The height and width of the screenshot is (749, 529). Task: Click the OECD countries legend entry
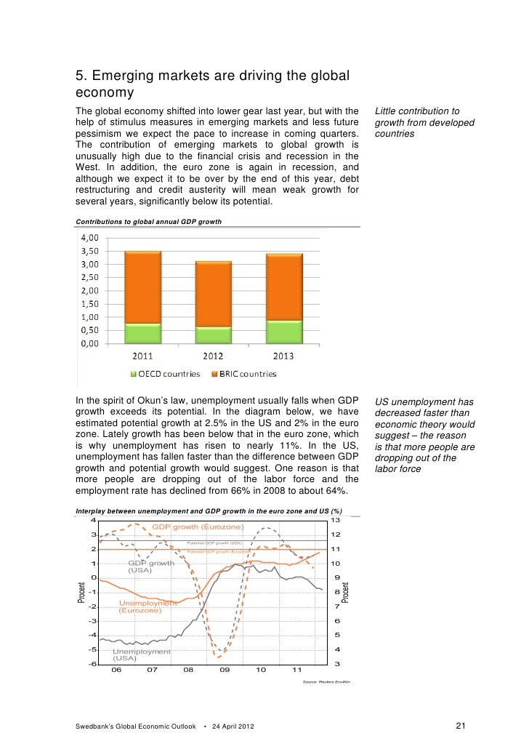click(x=165, y=374)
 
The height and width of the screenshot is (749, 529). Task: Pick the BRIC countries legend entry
click(x=243, y=374)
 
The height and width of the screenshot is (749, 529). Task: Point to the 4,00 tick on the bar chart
click(x=90, y=237)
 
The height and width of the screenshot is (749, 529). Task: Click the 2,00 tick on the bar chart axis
click(x=90, y=290)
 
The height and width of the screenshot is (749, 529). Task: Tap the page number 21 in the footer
click(x=459, y=726)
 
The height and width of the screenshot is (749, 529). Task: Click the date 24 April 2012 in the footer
click(x=232, y=726)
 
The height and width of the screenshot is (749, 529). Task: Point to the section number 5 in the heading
click(x=80, y=76)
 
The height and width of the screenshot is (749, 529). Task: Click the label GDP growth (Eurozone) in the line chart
click(x=198, y=526)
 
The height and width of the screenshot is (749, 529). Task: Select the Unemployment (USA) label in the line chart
click(x=141, y=654)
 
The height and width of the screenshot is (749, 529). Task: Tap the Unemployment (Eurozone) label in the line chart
click(x=148, y=606)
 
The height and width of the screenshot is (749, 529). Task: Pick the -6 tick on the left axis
click(x=92, y=664)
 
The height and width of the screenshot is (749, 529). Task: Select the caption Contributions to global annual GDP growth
click(x=149, y=220)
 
